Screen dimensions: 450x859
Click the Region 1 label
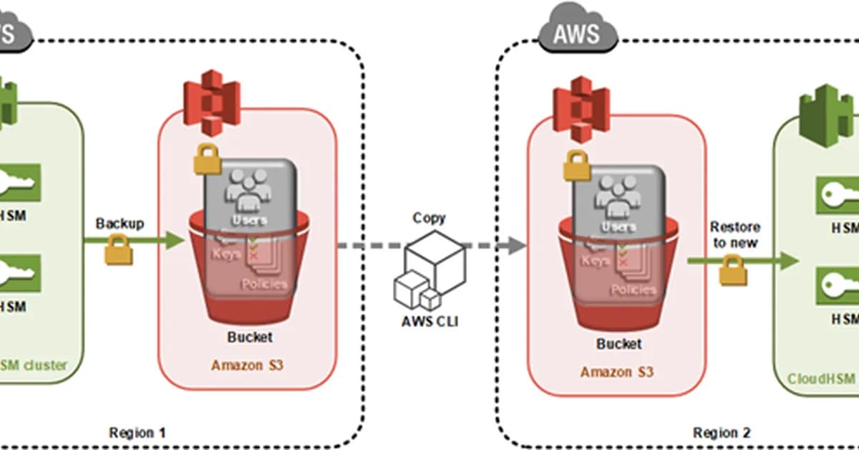click(x=137, y=432)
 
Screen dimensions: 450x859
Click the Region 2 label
click(x=722, y=432)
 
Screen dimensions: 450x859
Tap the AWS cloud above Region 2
click(x=578, y=32)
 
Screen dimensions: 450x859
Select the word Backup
click(x=120, y=224)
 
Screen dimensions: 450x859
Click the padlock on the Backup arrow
click(x=118, y=252)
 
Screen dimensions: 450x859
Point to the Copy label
click(x=429, y=218)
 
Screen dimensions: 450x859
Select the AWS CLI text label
click(x=429, y=320)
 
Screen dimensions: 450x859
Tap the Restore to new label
click(x=735, y=234)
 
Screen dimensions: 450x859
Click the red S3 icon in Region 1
click(x=210, y=102)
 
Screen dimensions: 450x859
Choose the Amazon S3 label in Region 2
click(x=616, y=372)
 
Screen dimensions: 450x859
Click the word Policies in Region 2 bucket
click(x=633, y=289)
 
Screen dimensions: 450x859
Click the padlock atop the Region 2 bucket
click(x=577, y=166)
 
